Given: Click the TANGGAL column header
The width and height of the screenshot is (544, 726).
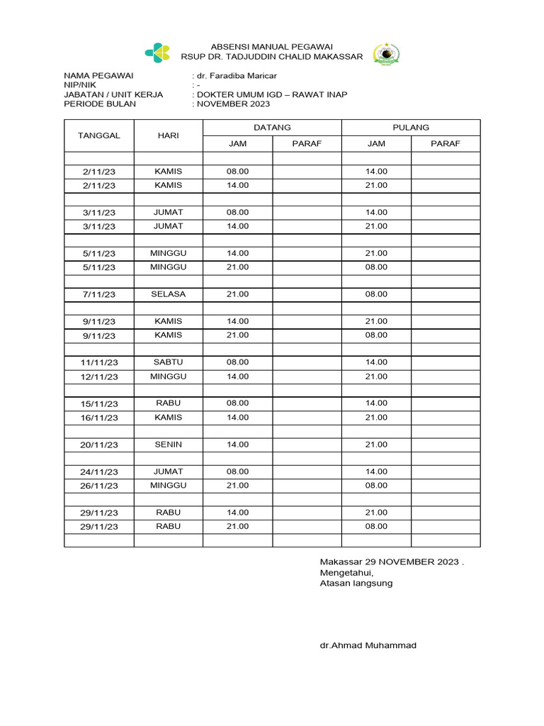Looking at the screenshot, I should [99, 135].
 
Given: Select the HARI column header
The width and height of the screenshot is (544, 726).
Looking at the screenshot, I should [168, 135].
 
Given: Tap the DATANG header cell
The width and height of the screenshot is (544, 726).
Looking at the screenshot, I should [272, 128].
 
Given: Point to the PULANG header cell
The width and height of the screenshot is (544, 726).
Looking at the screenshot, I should [411, 128].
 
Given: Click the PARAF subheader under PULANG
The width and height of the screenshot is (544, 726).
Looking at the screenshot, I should [446, 143].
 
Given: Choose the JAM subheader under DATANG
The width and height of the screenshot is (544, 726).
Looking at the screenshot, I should [237, 143].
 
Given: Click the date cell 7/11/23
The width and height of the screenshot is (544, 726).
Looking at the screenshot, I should [99, 294].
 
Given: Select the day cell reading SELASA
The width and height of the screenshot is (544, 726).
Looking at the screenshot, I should [168, 294].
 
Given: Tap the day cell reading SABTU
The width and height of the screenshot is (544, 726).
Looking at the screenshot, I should [168, 362].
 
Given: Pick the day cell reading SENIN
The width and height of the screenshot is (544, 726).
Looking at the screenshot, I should [168, 445].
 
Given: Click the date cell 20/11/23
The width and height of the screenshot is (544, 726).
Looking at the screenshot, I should [99, 445].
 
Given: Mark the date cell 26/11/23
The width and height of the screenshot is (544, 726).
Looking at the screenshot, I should [99, 486].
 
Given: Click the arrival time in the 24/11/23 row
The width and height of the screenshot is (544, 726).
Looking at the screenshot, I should [237, 471].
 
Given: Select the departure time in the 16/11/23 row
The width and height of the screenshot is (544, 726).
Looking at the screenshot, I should [376, 418].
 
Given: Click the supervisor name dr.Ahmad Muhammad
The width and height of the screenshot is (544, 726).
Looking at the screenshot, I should [368, 645].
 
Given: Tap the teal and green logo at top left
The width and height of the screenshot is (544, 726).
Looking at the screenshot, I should [158, 52].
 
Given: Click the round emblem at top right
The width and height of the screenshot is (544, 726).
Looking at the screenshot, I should [386, 54].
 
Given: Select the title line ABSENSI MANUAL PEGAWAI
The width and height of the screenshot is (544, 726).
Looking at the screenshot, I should [272, 46].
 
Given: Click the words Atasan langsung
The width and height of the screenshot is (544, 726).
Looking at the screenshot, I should [356, 583].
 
